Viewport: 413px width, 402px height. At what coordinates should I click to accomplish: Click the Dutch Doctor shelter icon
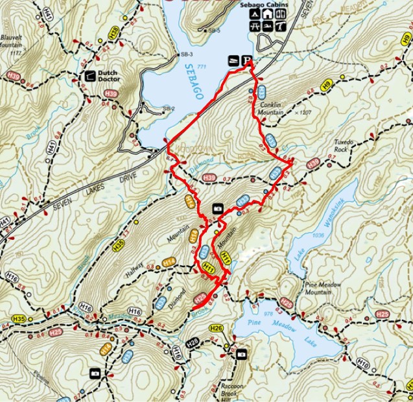click(88, 76)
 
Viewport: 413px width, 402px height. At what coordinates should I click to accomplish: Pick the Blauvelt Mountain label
click(14, 42)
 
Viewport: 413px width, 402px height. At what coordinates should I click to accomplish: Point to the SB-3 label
click(187, 54)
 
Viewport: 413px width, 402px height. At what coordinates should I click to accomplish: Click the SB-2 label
click(169, 108)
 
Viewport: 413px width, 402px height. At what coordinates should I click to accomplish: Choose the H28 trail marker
click(193, 342)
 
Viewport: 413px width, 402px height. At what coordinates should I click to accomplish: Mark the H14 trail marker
click(169, 261)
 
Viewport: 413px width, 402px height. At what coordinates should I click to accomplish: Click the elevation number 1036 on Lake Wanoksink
click(318, 235)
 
